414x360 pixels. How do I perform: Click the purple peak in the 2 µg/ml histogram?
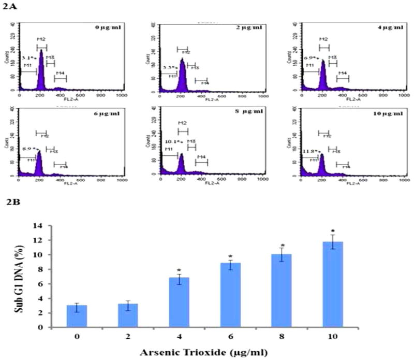pos(182,78)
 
